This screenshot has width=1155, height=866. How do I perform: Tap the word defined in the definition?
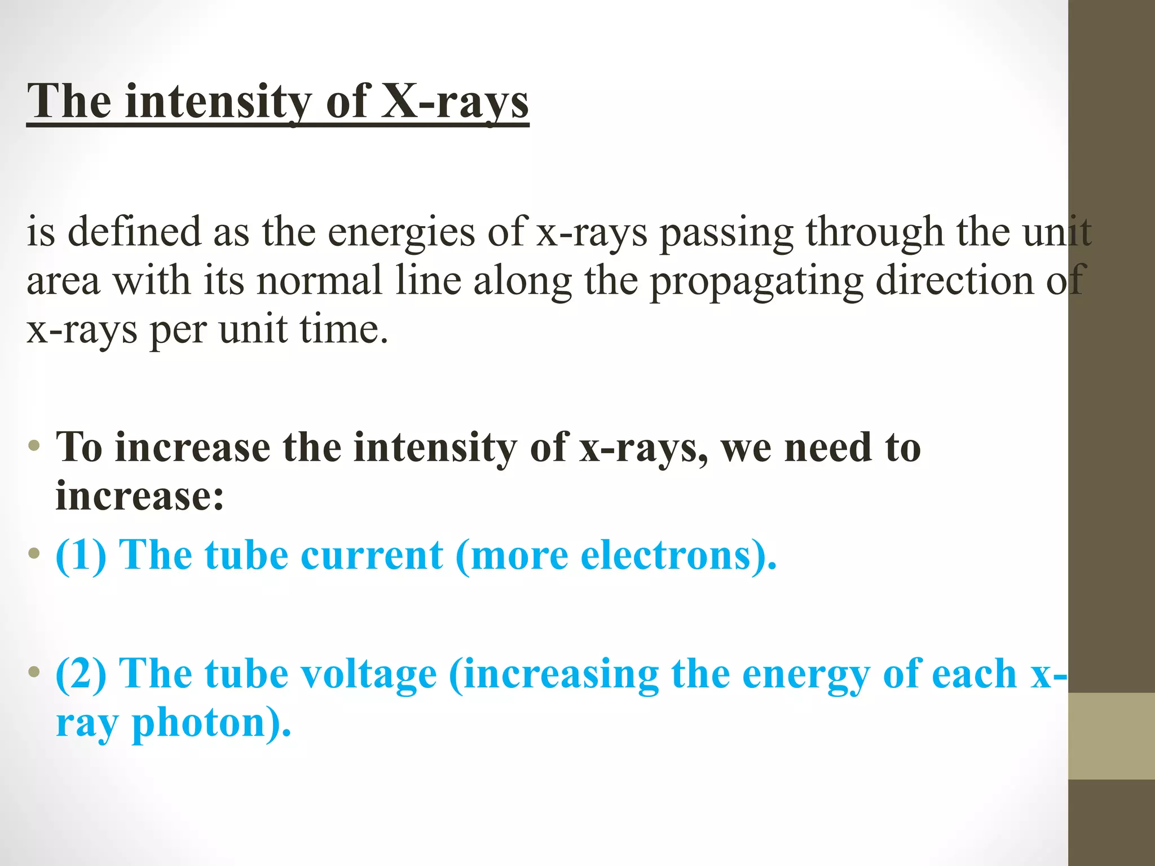coord(134,232)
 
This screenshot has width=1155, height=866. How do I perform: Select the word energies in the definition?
coord(402,233)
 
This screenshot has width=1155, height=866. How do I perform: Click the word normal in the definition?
coord(319,281)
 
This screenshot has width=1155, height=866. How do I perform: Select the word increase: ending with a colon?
coord(140,496)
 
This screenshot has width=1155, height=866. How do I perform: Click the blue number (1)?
coord(81,556)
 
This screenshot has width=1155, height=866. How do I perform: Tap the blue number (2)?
coord(81,674)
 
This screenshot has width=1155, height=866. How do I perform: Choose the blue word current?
coord(372,556)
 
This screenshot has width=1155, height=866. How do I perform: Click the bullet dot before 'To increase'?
coord(34,447)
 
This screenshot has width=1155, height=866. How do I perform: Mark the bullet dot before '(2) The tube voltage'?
coord(34,672)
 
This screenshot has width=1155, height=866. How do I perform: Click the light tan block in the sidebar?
coord(1111,736)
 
